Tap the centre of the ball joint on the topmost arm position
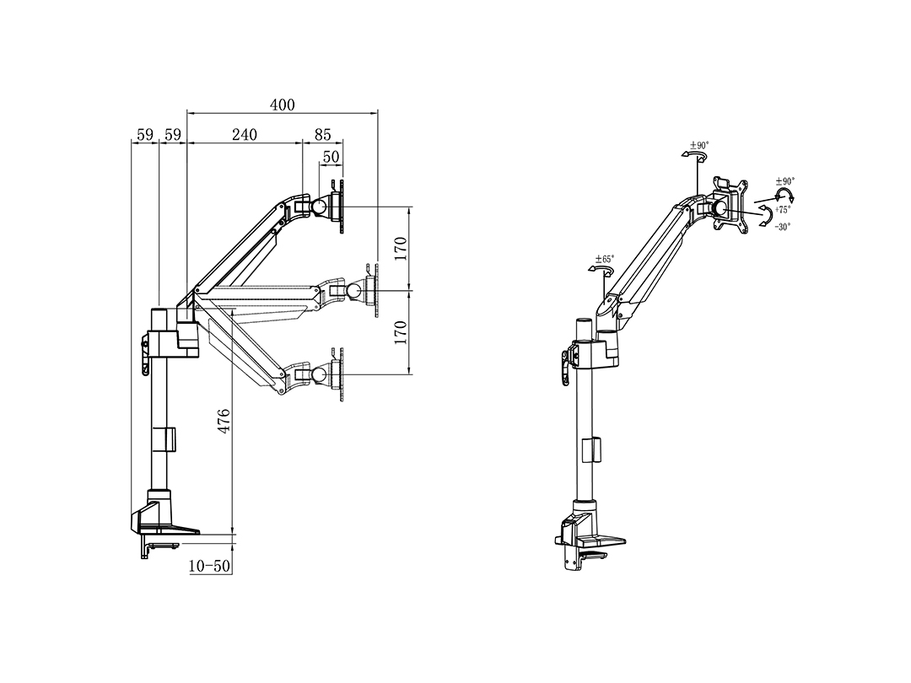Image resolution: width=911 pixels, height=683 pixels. pyautogui.click(x=318, y=207)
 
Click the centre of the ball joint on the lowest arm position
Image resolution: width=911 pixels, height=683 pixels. pyautogui.click(x=318, y=374)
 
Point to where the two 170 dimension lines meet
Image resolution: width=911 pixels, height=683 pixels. pyautogui.click(x=410, y=290)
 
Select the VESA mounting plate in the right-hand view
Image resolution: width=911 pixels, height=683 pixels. pyautogui.click(x=730, y=205)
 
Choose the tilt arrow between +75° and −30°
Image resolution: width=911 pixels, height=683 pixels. pyautogui.click(x=767, y=216)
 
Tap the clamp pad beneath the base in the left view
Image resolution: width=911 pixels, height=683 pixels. pyautogui.click(x=163, y=545)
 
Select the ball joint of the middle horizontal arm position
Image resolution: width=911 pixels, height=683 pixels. pyautogui.click(x=353, y=289)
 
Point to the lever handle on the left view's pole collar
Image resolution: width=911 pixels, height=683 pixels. pyautogui.click(x=143, y=354)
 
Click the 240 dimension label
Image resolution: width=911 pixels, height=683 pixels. pyautogui.click(x=245, y=135)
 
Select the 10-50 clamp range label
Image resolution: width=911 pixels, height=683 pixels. pyautogui.click(x=210, y=567)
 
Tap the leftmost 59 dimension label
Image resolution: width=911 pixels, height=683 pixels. pyautogui.click(x=145, y=135)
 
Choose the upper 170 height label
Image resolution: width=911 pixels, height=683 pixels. pyautogui.click(x=401, y=249)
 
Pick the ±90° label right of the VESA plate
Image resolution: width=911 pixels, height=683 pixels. pyautogui.click(x=785, y=181)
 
